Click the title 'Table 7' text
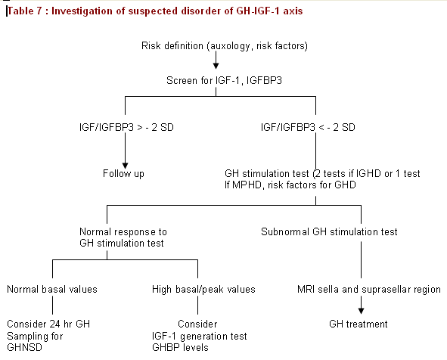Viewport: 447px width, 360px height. click(24, 11)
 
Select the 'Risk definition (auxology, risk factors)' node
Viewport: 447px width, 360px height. click(225, 46)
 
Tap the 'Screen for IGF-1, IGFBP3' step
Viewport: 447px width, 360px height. click(224, 80)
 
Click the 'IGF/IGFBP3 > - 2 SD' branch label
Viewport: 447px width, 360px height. click(126, 127)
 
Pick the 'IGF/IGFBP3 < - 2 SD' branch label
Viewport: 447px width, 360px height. click(308, 127)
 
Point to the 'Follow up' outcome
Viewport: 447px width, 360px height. click(123, 174)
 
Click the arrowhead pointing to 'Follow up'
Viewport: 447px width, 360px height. click(125, 166)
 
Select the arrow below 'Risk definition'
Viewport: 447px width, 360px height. click(216, 61)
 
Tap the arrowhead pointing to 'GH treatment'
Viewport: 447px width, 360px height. click(361, 311)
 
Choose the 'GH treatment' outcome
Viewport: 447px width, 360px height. click(359, 324)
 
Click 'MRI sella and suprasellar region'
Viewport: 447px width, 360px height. click(369, 290)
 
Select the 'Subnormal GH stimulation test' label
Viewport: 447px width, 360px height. click(329, 231)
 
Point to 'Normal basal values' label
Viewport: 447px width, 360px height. click(52, 290)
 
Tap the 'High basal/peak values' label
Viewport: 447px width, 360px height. click(203, 290)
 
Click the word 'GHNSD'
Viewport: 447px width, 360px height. click(24, 347)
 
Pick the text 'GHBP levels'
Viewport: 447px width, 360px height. click(180, 347)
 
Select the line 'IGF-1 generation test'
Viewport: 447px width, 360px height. click(199, 336)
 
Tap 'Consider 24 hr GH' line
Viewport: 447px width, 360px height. click(48, 324)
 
